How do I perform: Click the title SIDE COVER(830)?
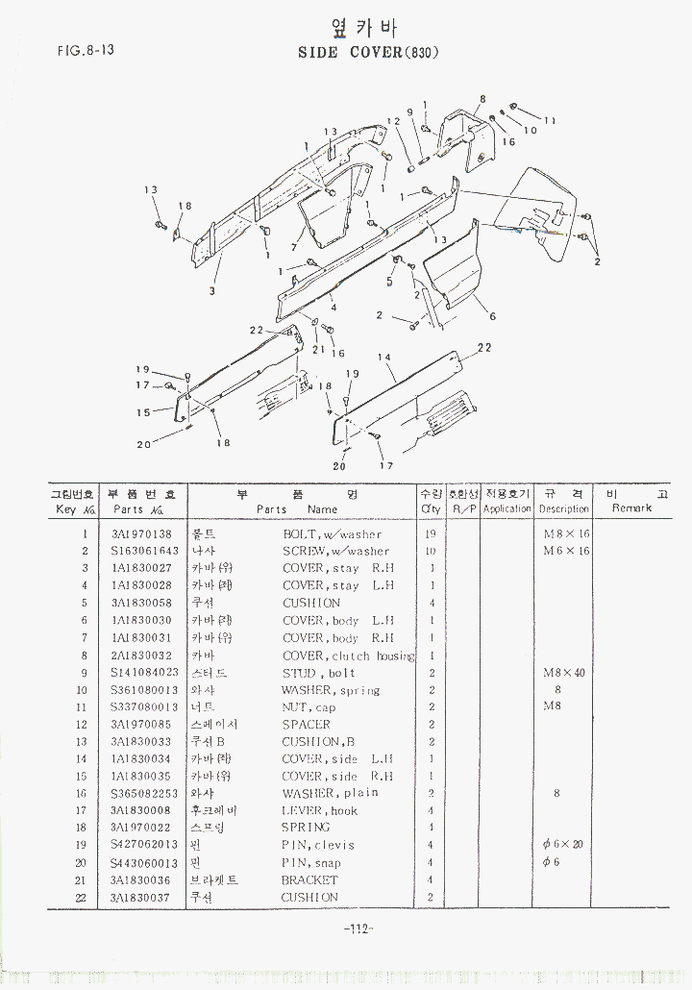tap(369, 52)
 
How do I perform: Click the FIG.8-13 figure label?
tap(86, 50)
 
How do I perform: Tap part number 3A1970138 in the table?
tap(141, 534)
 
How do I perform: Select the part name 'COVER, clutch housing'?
tap(348, 656)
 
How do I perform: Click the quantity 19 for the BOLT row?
tap(432, 534)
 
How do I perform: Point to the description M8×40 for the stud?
tap(564, 673)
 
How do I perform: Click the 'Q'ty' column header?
tap(431, 508)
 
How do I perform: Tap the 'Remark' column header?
tap(631, 508)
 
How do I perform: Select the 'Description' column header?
tap(564, 508)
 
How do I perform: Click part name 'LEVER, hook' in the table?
tap(319, 810)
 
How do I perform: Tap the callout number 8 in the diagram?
tap(482, 99)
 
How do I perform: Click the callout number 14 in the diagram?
tap(384, 358)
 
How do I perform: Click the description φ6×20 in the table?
tap(564, 845)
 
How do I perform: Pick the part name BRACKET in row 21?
tap(309, 879)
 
